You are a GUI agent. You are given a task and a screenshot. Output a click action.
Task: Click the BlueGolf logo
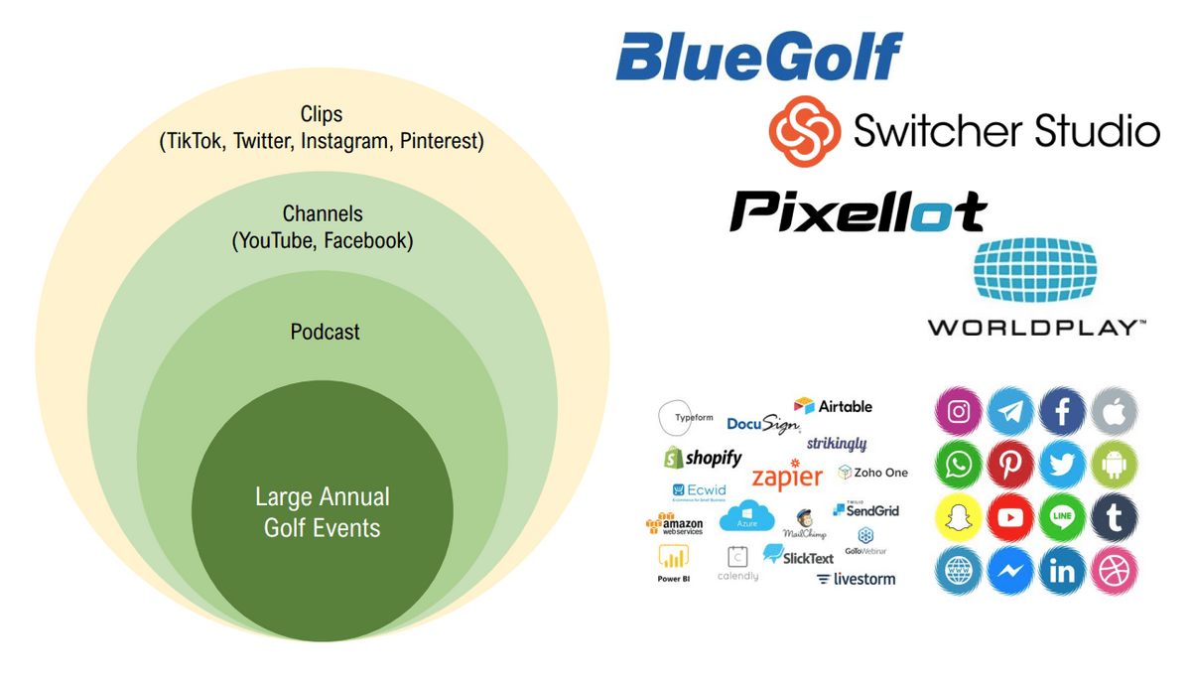[x=759, y=57]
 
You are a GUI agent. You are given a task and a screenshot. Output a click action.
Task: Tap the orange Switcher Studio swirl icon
[x=805, y=131]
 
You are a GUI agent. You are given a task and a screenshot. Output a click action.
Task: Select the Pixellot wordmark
[x=859, y=211]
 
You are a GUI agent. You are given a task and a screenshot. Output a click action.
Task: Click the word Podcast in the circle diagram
[x=325, y=332]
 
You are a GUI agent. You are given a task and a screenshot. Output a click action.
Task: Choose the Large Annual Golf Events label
[x=322, y=512]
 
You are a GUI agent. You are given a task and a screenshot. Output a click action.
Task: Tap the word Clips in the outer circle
[x=322, y=115]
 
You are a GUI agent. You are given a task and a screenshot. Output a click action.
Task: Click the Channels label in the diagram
[x=323, y=213]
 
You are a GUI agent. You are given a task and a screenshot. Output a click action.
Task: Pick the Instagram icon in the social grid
[x=959, y=412]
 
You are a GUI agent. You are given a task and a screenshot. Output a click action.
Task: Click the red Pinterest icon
[x=1010, y=465]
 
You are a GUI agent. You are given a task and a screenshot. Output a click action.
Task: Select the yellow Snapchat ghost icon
[x=959, y=517]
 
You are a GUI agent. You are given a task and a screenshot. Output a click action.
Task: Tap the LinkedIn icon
[x=1062, y=571]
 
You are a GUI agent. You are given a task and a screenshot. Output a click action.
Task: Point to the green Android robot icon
[x=1114, y=465]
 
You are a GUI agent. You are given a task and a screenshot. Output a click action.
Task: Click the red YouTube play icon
[x=1010, y=517]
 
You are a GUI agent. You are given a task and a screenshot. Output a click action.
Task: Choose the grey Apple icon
[x=1114, y=412]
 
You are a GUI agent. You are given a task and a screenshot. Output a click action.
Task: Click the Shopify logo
[x=703, y=458]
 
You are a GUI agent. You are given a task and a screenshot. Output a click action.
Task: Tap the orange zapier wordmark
[x=787, y=477]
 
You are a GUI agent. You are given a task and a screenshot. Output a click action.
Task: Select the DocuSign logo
[x=763, y=424]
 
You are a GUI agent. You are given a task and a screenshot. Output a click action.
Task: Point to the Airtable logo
[x=834, y=406]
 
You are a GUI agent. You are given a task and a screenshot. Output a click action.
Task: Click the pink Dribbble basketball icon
[x=1114, y=571]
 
